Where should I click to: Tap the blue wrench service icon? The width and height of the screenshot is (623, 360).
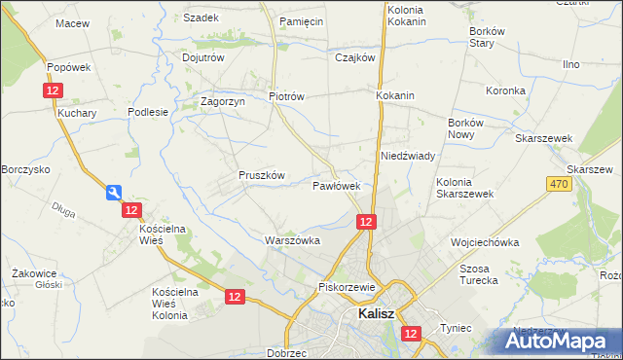coord(114,193)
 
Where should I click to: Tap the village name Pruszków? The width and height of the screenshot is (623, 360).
coord(261,175)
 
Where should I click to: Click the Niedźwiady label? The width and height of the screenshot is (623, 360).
coord(407,156)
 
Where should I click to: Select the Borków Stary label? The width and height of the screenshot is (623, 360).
coord(490,37)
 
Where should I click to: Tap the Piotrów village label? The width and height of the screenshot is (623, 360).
coord(287,96)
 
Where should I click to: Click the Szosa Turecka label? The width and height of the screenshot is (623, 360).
coord(479,274)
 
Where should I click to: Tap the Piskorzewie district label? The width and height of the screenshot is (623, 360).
coord(347,287)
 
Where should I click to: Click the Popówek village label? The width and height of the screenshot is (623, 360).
coord(69,67)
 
